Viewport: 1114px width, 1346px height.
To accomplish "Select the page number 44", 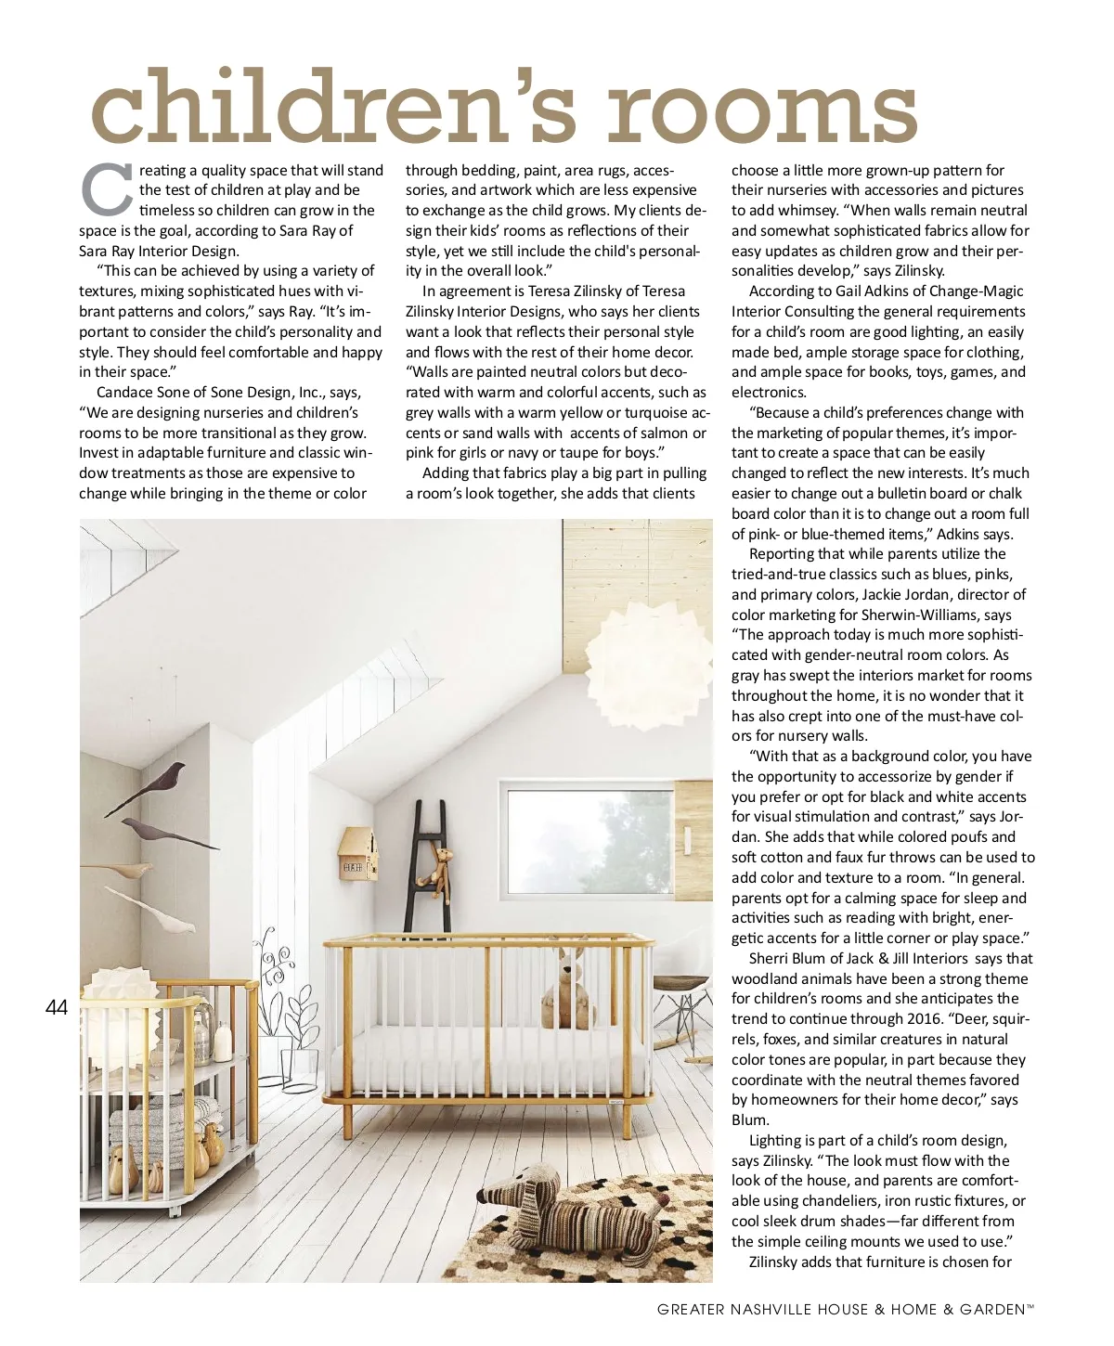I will pos(57,1007).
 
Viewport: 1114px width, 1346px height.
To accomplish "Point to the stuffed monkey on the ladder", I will pos(434,868).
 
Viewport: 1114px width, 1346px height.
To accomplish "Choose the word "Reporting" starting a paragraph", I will pos(784,554).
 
